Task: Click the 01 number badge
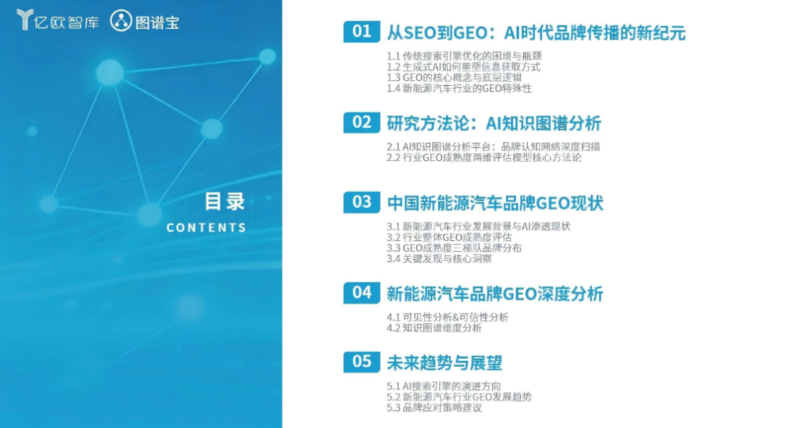(x=362, y=31)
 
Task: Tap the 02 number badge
(x=362, y=122)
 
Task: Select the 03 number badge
(x=362, y=202)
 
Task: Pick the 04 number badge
(x=362, y=293)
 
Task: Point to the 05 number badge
(x=362, y=362)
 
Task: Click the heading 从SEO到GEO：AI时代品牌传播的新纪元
(x=536, y=33)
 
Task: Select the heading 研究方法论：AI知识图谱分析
(x=493, y=123)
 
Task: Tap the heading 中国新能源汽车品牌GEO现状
(x=495, y=204)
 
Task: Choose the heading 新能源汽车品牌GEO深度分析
(x=495, y=294)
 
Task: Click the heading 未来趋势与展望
(x=444, y=363)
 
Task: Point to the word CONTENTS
(x=206, y=228)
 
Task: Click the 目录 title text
(x=225, y=202)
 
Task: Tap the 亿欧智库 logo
(x=57, y=21)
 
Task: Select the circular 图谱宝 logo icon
(x=121, y=21)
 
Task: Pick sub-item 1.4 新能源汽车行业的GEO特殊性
(x=459, y=89)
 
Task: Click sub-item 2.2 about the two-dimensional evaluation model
(x=484, y=158)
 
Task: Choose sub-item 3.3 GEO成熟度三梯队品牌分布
(x=454, y=248)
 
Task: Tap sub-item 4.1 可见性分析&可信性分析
(x=447, y=317)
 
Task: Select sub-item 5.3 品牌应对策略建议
(x=434, y=408)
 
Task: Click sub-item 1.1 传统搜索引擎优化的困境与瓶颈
(x=464, y=56)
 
